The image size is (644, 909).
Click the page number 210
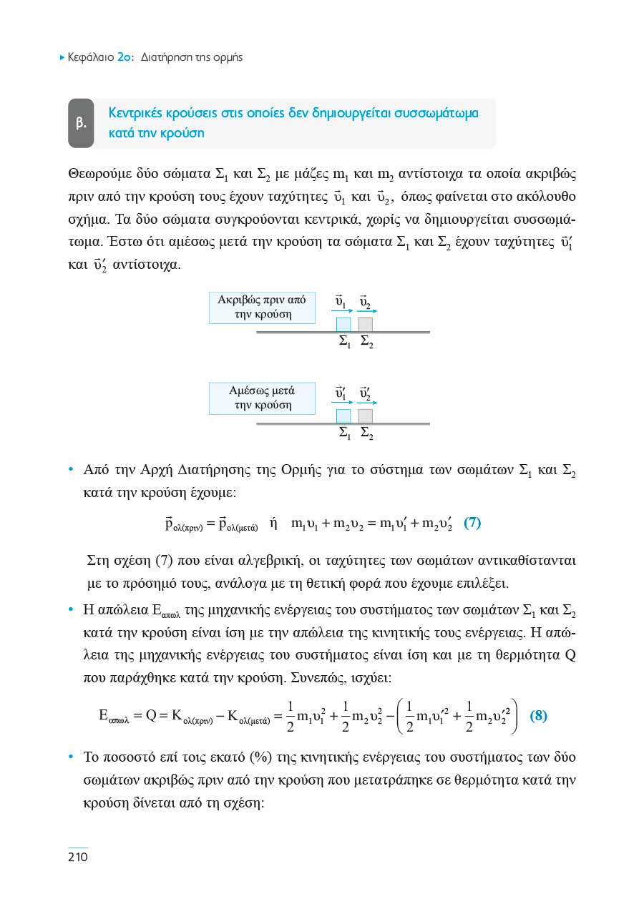point(77,856)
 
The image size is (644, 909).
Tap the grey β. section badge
point(81,123)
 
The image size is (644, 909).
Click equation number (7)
point(472,523)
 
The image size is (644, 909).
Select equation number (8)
point(538,715)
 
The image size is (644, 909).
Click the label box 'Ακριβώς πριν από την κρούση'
point(261,308)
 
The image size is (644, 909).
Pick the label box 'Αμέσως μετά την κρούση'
point(261,398)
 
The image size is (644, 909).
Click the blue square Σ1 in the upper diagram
point(343,324)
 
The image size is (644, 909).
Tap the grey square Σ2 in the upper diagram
point(366,324)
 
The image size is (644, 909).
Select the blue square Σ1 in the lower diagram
point(343,416)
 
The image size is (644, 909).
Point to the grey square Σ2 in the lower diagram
point(366,416)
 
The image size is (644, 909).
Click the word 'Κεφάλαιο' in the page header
point(90,57)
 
